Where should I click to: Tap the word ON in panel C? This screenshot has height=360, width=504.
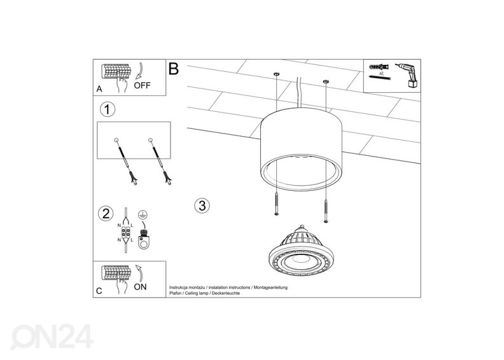tap(140, 287)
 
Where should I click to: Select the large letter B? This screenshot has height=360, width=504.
tap(174, 69)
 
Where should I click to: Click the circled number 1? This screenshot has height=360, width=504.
tap(108, 109)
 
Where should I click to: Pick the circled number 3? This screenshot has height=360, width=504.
tap(202, 205)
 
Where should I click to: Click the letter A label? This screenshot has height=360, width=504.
tap(99, 90)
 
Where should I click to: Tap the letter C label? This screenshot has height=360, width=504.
tap(99, 291)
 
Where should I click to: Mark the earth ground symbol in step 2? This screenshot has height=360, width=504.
tap(143, 216)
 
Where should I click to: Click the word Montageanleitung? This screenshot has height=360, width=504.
tap(270, 288)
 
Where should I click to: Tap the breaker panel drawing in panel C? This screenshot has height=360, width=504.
tap(117, 274)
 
